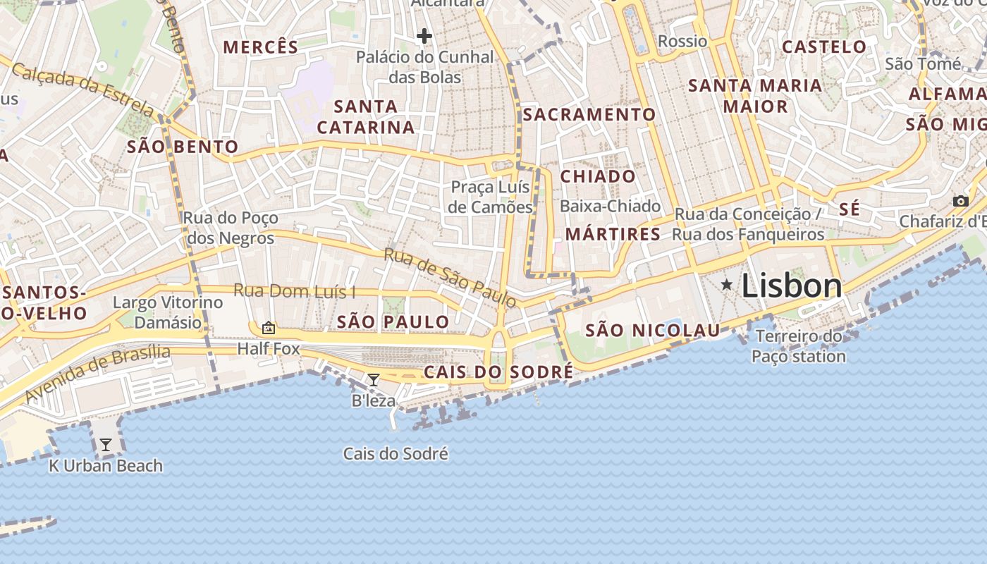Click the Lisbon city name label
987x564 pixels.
click(792, 286)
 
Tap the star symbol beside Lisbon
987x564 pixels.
click(727, 285)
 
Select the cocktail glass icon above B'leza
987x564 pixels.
click(374, 380)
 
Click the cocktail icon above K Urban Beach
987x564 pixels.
click(106, 444)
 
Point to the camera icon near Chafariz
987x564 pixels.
click(960, 202)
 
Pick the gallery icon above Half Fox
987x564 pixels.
click(268, 328)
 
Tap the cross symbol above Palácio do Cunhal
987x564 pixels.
click(424, 35)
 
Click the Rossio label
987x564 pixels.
click(682, 42)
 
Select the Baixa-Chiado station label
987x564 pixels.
click(611, 207)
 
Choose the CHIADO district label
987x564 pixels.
click(598, 176)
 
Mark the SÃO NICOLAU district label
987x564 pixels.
click(653, 330)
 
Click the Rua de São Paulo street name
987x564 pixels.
click(450, 277)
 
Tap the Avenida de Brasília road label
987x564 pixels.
click(98, 374)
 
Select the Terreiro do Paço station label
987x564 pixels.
click(798, 346)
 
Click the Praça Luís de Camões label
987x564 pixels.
click(491, 197)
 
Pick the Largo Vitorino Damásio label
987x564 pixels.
click(168, 312)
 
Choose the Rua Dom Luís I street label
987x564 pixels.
click(294, 290)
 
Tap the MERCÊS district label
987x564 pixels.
click(261, 47)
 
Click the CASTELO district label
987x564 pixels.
click(824, 47)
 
